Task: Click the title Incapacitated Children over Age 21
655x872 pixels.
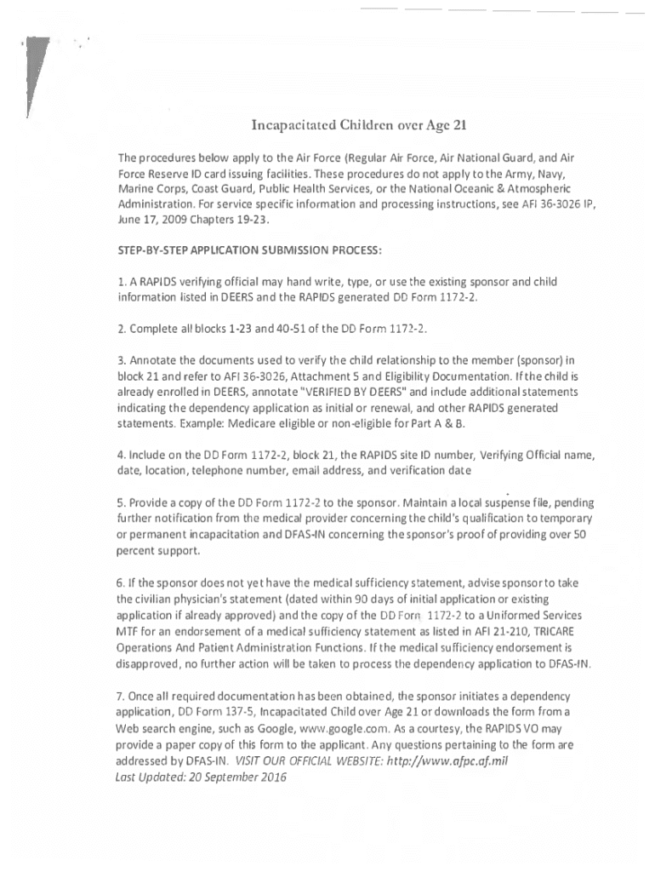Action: point(360,127)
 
